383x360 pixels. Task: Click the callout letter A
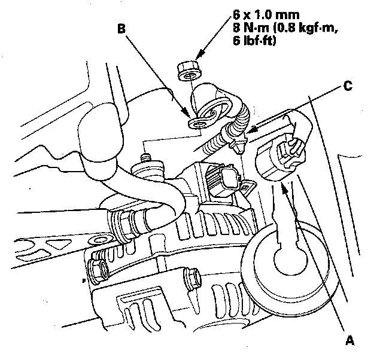click(350, 341)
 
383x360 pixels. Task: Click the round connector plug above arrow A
click(280, 157)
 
